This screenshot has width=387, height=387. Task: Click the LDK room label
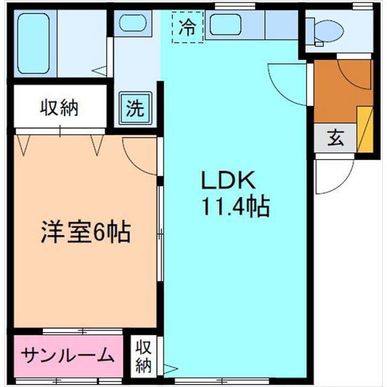coord(230,180)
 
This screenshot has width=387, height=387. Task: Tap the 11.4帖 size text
coord(235,207)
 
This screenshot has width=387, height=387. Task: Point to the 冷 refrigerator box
coord(188,27)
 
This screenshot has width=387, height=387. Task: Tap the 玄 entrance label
coord(336,139)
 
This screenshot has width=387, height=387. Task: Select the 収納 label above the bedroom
coord(59,109)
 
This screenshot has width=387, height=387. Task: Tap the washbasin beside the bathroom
coord(132,24)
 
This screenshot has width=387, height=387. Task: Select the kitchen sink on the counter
coord(225,25)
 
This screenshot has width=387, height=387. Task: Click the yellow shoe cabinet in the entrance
coord(365,128)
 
